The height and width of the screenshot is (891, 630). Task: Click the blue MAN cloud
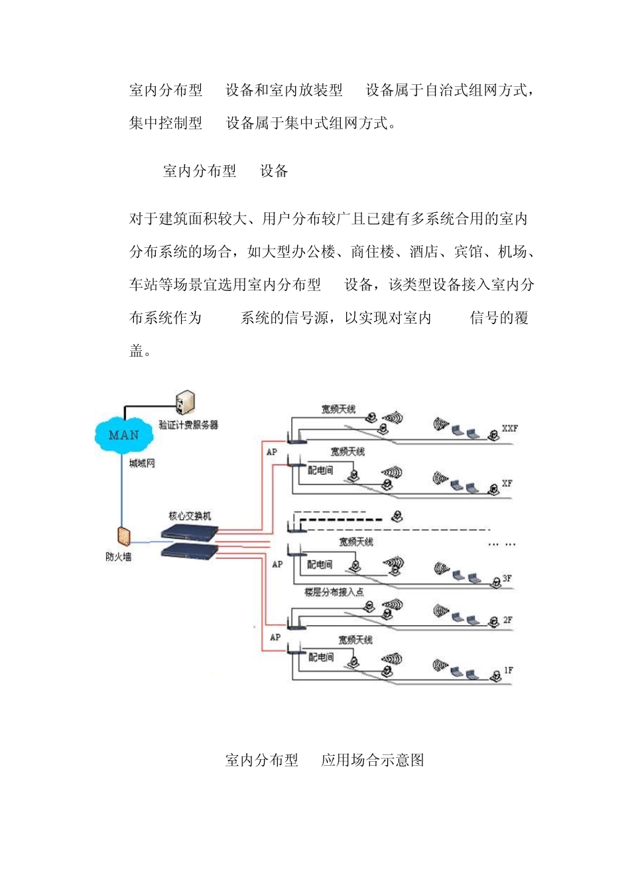pyautogui.click(x=123, y=436)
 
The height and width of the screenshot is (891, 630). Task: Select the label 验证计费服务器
pyautogui.click(x=188, y=425)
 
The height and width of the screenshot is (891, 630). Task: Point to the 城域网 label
pyautogui.click(x=142, y=463)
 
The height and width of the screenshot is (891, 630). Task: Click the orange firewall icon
pyautogui.click(x=123, y=536)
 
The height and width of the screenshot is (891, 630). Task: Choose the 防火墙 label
pyautogui.click(x=119, y=557)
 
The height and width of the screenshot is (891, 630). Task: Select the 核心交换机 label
pyautogui.click(x=190, y=516)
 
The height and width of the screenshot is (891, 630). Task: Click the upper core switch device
pyautogui.click(x=190, y=531)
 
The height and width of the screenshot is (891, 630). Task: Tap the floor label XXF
pyautogui.click(x=509, y=428)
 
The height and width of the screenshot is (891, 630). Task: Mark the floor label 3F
pyautogui.click(x=507, y=579)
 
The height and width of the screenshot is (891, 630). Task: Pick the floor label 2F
pyautogui.click(x=507, y=621)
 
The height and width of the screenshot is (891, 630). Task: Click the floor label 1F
pyautogui.click(x=508, y=670)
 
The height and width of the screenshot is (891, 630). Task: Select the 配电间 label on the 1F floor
pyautogui.click(x=321, y=657)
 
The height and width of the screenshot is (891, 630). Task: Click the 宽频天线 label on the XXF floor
pyautogui.click(x=338, y=410)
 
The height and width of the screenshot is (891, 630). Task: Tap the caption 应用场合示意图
pyautogui.click(x=373, y=760)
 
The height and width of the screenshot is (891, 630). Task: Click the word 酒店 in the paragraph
pyautogui.click(x=424, y=252)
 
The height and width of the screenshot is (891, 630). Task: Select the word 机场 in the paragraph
pyautogui.click(x=513, y=252)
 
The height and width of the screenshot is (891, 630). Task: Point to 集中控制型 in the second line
pyautogui.click(x=166, y=123)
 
